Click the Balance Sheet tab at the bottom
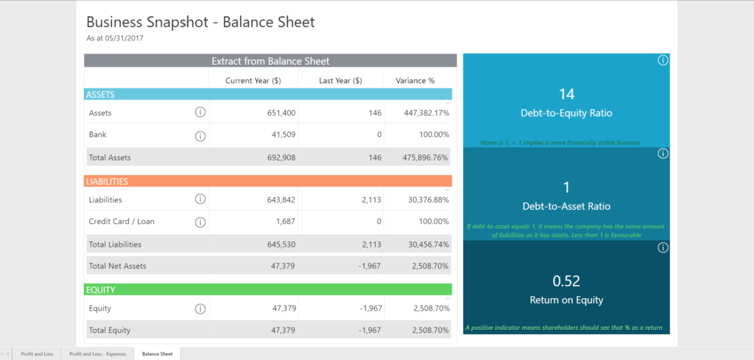tap(158, 354)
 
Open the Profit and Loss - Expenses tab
tap(98, 354)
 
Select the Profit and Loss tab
tap(37, 354)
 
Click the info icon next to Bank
tap(200, 135)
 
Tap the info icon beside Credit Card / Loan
tap(200, 222)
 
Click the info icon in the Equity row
tap(200, 308)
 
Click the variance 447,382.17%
tap(422, 113)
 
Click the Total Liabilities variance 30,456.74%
tap(423, 244)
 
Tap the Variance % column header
tap(415, 80)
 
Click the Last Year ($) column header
tap(340, 80)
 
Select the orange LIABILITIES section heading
tap(108, 181)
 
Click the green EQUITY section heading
tap(101, 290)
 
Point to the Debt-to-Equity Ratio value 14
tap(566, 94)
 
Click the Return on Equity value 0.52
tap(566, 280)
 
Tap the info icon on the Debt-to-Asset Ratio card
tap(662, 154)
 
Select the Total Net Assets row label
tap(118, 266)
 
